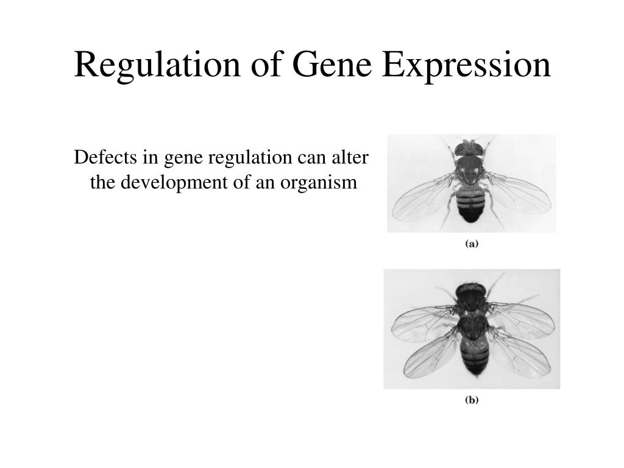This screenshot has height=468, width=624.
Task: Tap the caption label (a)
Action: pyautogui.click(x=472, y=244)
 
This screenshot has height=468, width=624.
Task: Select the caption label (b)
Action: pyautogui.click(x=472, y=400)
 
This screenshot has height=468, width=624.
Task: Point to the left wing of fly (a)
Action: pyautogui.click(x=423, y=198)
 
